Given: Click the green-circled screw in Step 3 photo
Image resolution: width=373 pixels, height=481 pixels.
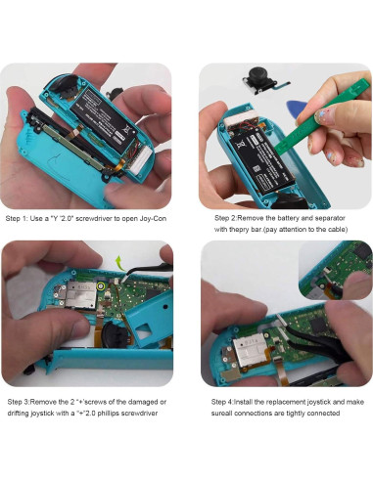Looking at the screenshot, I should [101, 286].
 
